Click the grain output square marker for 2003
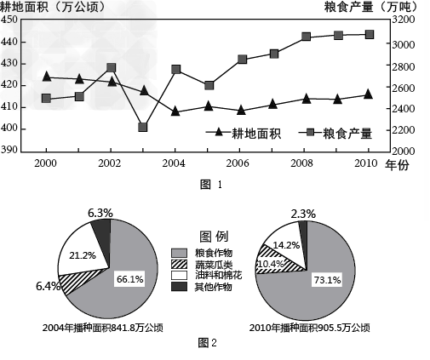[143, 127]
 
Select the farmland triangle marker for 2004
[175, 111]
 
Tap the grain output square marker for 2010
[370, 35]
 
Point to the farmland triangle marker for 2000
[47, 77]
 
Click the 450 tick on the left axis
[9, 20]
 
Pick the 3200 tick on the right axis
[404, 20]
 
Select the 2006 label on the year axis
[238, 163]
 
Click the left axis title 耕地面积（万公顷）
[53, 7]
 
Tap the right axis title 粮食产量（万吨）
[371, 7]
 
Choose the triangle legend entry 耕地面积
[244, 134]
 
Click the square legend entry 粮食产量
[335, 134]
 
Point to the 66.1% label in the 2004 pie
[130, 279]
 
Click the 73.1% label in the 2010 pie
[327, 280]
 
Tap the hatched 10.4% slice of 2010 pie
[272, 261]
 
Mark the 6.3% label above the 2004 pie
[100, 213]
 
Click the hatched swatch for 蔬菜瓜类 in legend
[179, 264]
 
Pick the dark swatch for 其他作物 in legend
[179, 287]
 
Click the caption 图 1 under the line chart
[211, 185]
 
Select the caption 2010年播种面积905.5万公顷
[310, 328]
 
